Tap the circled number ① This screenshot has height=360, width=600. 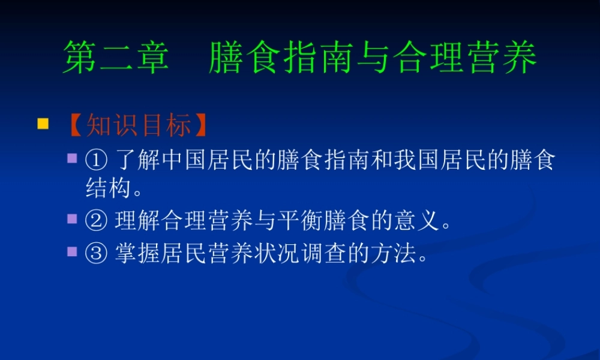96,161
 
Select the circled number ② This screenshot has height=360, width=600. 96,223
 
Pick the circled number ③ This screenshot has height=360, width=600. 96,254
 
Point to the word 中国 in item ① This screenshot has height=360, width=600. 181,161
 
